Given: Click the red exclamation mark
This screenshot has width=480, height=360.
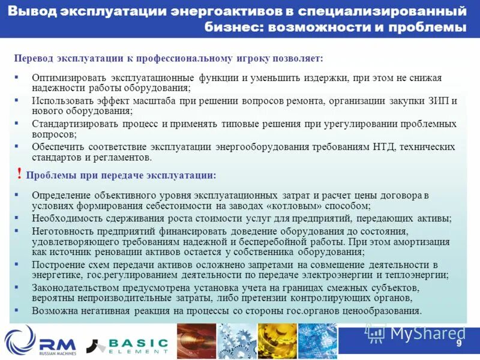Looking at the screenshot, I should (20, 174).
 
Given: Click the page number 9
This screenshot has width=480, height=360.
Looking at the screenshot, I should (459, 343).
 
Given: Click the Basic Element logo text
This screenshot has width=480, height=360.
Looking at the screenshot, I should (138, 343).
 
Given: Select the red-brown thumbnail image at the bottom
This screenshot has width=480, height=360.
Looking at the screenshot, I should (196, 341).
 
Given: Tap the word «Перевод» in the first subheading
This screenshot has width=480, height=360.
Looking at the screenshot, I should (33, 58).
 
